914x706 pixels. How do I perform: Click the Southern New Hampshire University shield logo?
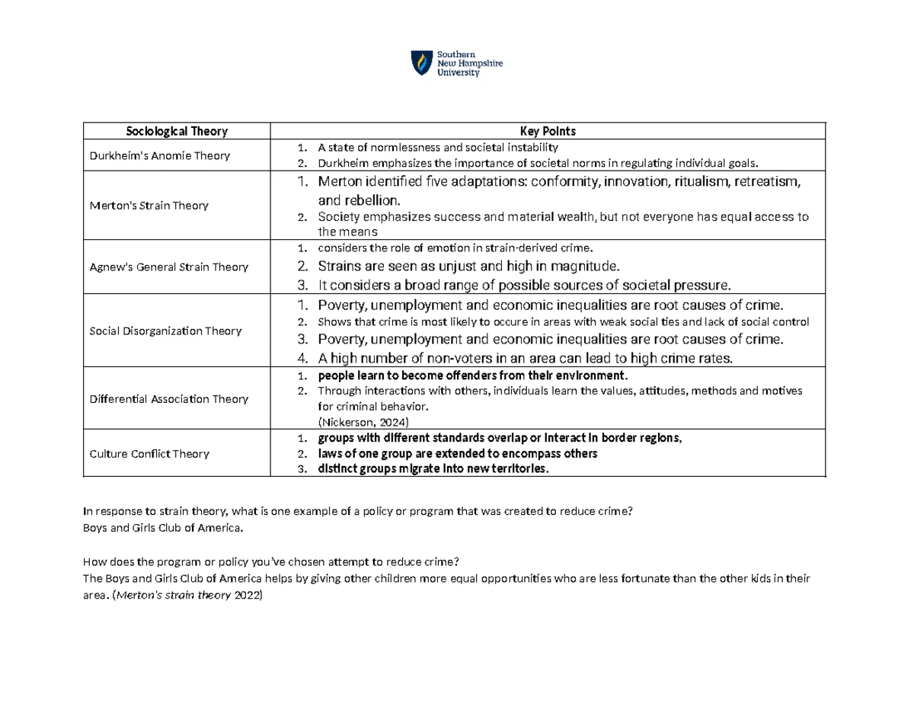[x=420, y=63]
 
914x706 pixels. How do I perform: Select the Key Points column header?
[x=548, y=131]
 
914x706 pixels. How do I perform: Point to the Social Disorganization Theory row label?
[x=165, y=331]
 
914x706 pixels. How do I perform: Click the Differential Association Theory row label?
[x=168, y=398]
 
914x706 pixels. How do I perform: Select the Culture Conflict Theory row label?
[x=149, y=454]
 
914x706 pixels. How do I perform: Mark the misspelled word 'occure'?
[x=469, y=321]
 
